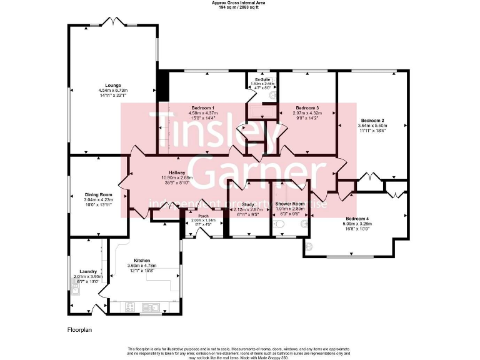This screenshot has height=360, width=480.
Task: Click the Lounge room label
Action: pyautogui.click(x=112, y=86)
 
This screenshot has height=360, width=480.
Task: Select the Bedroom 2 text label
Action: pyautogui.click(x=372, y=120)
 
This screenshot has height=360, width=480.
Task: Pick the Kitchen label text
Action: pyautogui.click(x=142, y=261)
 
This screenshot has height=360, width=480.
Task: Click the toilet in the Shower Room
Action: pyautogui.click(x=280, y=224)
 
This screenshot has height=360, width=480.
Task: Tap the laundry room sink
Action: pyautogui.click(x=76, y=289)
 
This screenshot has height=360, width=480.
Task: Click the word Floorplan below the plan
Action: pyautogui.click(x=80, y=329)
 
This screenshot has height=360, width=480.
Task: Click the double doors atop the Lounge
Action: pyautogui.click(x=112, y=23)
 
